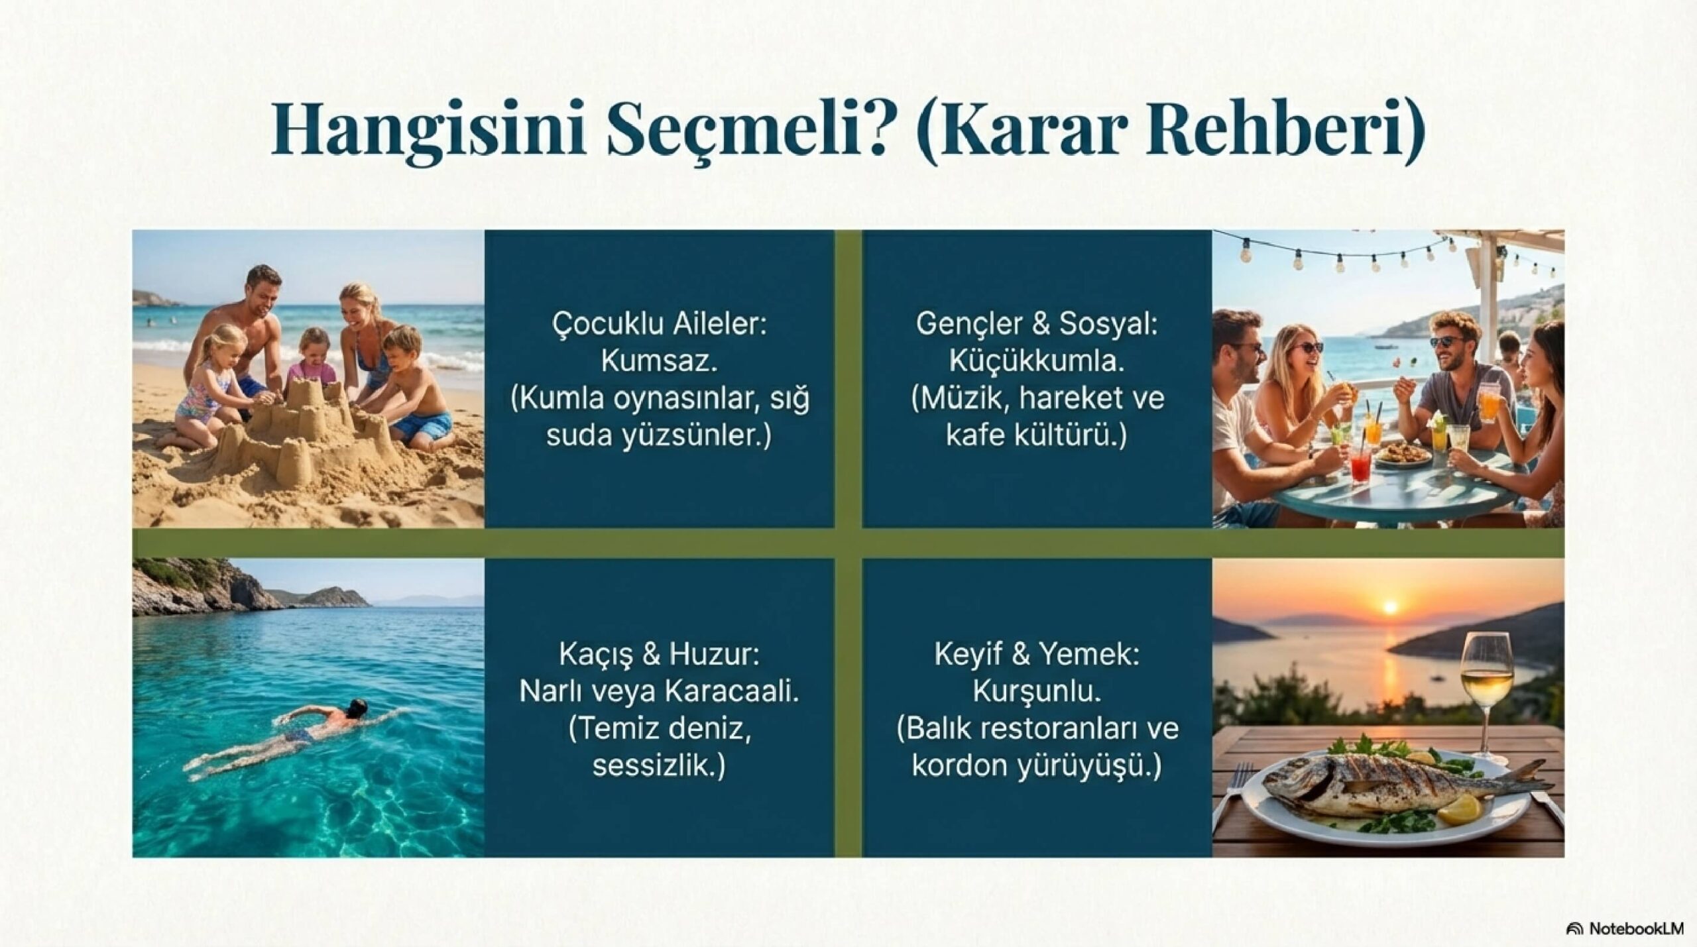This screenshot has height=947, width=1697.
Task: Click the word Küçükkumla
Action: coord(1037,362)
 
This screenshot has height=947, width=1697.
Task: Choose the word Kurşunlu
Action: coord(1037,691)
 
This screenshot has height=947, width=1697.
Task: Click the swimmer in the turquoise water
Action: coord(312,728)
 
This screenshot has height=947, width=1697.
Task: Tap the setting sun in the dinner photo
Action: coord(1390,606)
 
